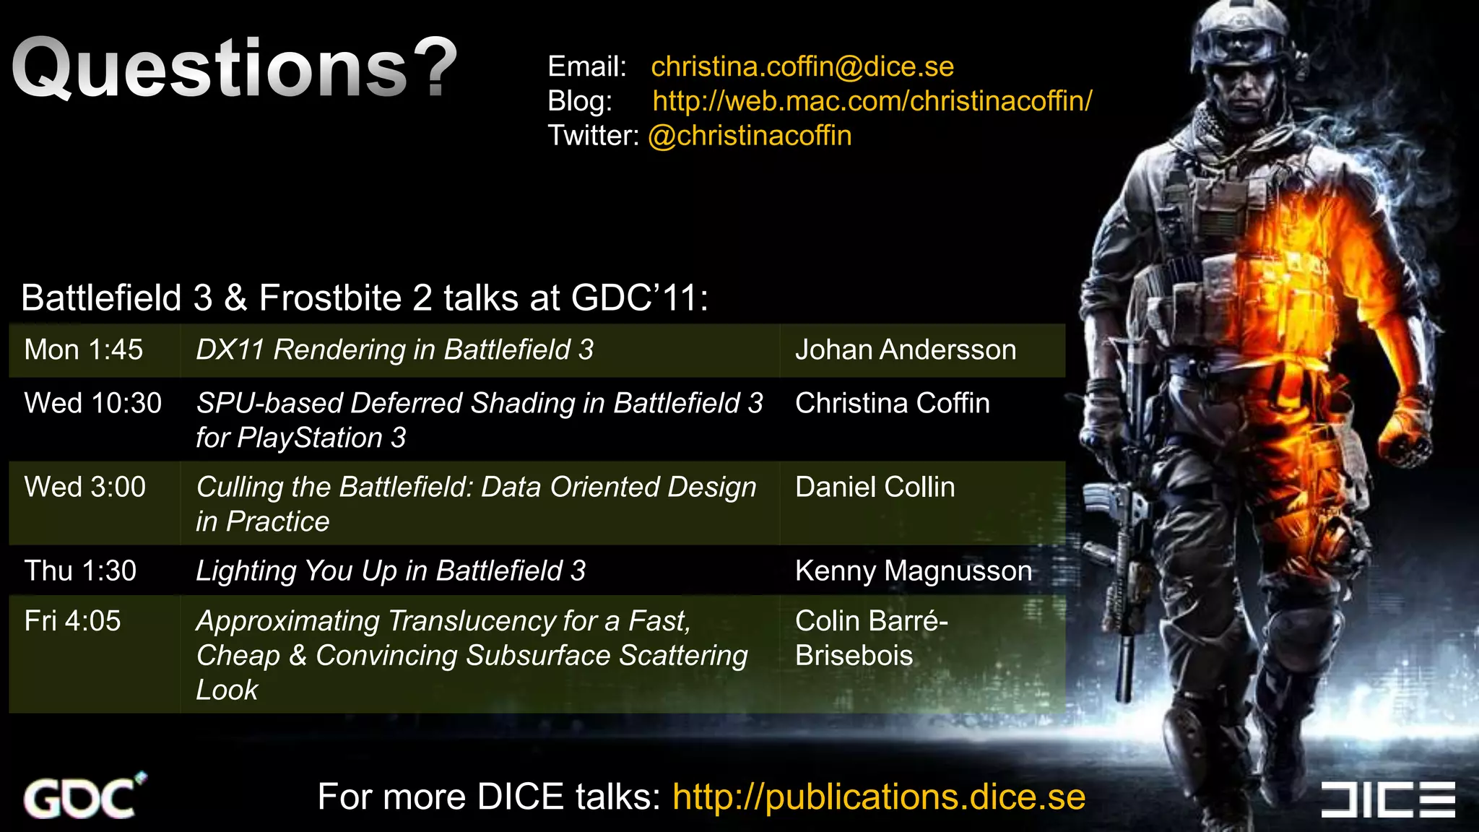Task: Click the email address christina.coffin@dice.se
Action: point(802,66)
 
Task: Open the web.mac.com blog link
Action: point(872,101)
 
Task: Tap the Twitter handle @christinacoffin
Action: point(750,136)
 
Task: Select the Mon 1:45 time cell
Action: point(84,350)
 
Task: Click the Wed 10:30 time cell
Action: point(92,403)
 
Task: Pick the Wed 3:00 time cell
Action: point(85,487)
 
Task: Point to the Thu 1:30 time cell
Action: point(80,571)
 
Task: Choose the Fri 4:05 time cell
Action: point(72,621)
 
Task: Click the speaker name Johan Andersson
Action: point(905,350)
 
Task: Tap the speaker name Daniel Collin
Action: point(875,487)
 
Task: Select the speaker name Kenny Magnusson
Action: point(913,571)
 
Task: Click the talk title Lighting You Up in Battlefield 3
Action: point(391,571)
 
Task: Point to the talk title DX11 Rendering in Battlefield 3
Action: point(394,350)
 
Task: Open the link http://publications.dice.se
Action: point(878,797)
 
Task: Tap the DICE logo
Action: point(1387,799)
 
